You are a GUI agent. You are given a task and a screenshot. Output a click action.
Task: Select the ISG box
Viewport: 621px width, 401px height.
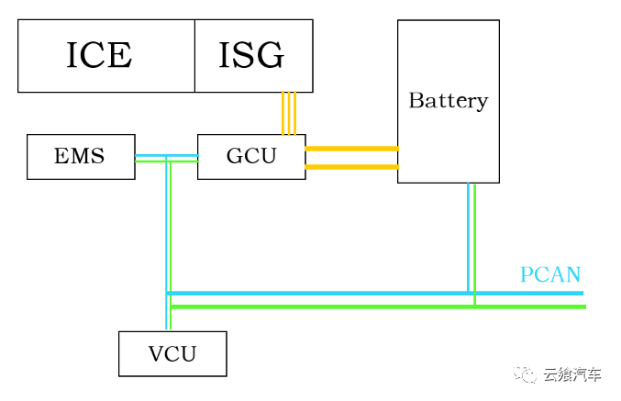(x=253, y=56)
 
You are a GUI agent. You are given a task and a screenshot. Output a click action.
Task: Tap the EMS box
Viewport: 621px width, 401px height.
(x=81, y=156)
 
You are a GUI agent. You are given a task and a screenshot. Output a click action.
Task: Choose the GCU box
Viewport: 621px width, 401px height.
(x=251, y=156)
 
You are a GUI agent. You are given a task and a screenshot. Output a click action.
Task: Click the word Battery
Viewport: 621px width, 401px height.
(x=448, y=101)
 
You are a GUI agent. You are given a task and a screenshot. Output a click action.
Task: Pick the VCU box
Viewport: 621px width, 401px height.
(x=172, y=353)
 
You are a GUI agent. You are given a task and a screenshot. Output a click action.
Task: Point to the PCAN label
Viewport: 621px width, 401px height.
(x=550, y=274)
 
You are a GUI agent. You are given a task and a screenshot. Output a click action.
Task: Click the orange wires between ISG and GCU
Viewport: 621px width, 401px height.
(x=289, y=113)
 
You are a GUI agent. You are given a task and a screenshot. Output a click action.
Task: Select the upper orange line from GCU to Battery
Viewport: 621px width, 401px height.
(x=351, y=148)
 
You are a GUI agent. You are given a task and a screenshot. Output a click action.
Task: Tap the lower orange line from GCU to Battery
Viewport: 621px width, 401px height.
(x=351, y=167)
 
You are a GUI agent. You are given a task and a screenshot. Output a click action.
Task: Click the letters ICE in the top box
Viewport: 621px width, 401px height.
(x=99, y=56)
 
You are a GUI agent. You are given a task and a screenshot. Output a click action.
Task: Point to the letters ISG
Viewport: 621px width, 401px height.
(x=251, y=56)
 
